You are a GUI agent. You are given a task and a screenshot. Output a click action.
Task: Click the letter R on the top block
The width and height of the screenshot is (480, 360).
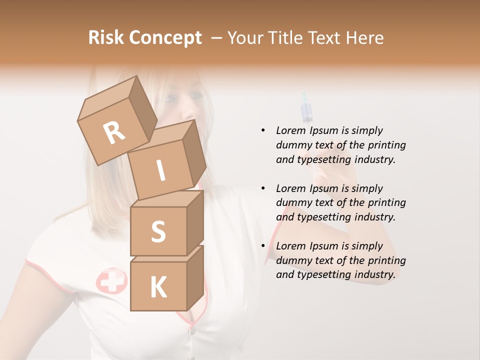coord(114,133)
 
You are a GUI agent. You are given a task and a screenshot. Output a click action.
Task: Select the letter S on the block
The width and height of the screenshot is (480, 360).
coord(158,231)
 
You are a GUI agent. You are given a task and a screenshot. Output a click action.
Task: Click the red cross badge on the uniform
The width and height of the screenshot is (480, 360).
coord(111,280)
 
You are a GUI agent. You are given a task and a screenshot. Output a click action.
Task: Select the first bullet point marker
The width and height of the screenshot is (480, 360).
coord(263,130)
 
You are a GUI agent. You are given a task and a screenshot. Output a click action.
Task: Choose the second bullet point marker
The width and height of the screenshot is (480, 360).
coord(263,188)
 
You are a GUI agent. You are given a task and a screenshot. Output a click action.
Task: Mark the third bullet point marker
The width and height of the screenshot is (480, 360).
coord(263,246)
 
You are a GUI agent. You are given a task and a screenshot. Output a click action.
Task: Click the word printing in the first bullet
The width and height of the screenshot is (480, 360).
coord(386,145)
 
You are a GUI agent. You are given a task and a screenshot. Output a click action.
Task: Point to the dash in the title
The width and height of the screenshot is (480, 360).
coord(217,38)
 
